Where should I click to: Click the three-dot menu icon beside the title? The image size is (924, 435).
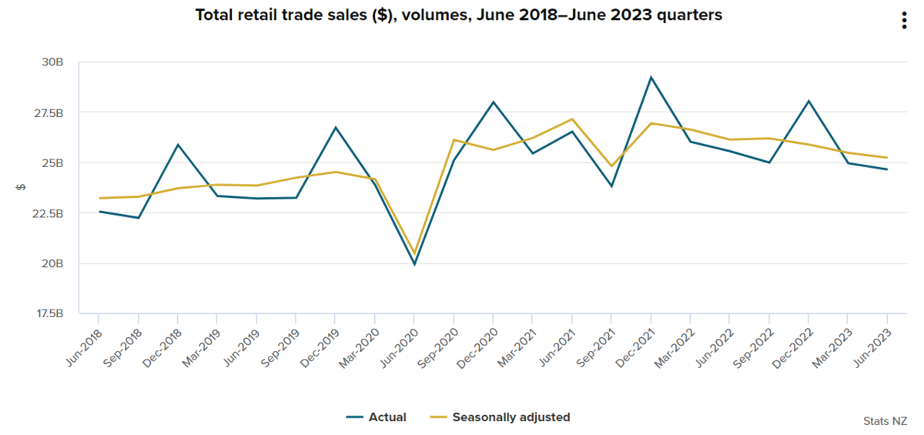click(905, 21)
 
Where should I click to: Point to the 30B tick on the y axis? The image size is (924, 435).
click(52, 62)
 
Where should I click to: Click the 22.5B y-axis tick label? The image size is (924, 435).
click(48, 213)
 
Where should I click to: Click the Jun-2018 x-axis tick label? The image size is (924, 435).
click(83, 345)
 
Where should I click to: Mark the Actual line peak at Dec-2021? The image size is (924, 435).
click(651, 77)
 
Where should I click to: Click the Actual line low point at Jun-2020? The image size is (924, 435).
click(414, 265)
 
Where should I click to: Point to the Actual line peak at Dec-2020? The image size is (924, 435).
click(493, 102)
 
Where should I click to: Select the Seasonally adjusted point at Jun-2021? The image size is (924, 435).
click(572, 119)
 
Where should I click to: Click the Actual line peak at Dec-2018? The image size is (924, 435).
click(178, 145)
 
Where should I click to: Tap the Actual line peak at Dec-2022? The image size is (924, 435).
click(808, 101)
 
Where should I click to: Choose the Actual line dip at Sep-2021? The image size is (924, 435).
click(611, 186)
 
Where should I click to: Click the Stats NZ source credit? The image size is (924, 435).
click(885, 420)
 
